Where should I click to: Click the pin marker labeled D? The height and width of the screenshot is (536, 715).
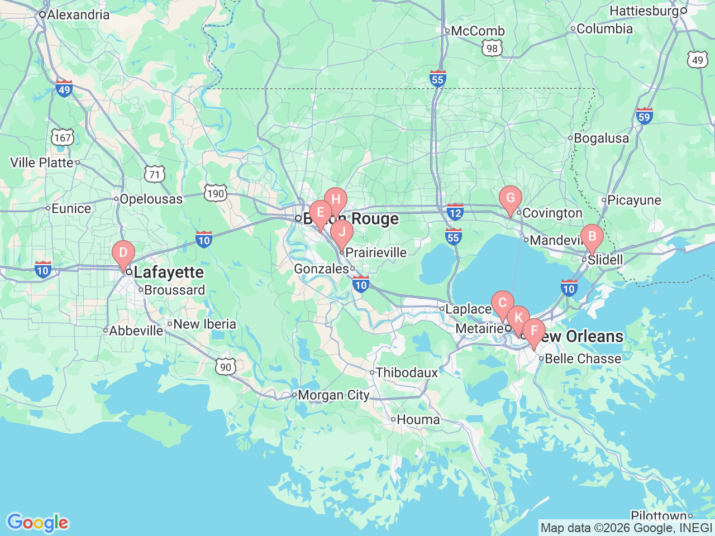123,253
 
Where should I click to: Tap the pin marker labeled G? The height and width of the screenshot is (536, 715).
510,198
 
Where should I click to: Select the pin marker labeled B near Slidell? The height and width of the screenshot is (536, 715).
592,237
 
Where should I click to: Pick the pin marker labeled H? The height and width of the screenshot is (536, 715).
336,200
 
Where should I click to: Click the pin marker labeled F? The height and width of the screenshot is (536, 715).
534,331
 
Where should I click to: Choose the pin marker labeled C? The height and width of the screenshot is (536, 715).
502,303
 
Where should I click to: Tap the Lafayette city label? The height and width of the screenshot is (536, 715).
169,272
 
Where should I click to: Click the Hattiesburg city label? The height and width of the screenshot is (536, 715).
644,11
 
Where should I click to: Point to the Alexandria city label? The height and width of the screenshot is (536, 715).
78,15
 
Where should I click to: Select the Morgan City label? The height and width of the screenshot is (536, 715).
333,395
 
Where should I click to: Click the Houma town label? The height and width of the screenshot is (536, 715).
418,419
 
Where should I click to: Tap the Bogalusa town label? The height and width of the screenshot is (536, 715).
601,138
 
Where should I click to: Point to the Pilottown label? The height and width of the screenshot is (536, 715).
659,515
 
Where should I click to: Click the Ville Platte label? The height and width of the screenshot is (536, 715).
42,162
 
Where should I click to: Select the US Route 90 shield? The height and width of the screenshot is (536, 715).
225,367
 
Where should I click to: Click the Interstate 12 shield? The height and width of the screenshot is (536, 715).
455,212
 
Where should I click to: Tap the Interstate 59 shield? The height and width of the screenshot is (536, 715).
644,116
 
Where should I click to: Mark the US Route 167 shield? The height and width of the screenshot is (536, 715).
63,137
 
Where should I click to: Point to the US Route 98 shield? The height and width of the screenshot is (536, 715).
492,48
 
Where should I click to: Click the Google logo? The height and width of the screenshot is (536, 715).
37,523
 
